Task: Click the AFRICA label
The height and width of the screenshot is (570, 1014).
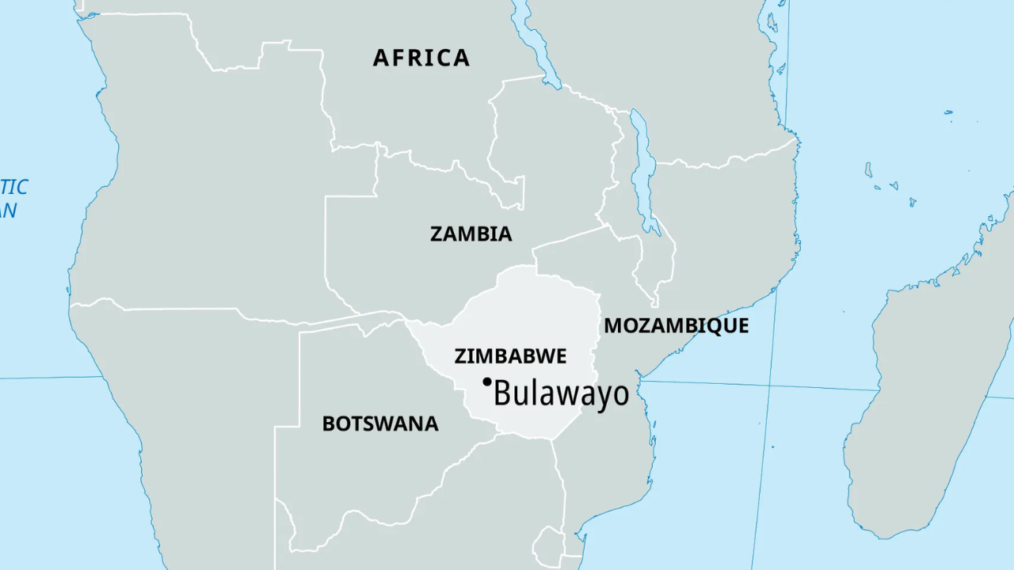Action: tap(421, 58)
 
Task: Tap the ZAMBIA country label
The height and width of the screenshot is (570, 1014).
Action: tap(471, 234)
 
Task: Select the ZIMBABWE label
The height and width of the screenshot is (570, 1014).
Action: tap(510, 356)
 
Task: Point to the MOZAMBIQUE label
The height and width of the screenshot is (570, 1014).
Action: tap(676, 326)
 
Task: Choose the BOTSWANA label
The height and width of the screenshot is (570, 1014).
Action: tap(379, 424)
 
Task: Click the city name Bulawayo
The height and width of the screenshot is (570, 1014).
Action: tap(561, 393)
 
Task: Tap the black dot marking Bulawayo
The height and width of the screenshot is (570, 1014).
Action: tap(487, 382)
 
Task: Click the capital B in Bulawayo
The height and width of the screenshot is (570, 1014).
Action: tap(502, 393)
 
